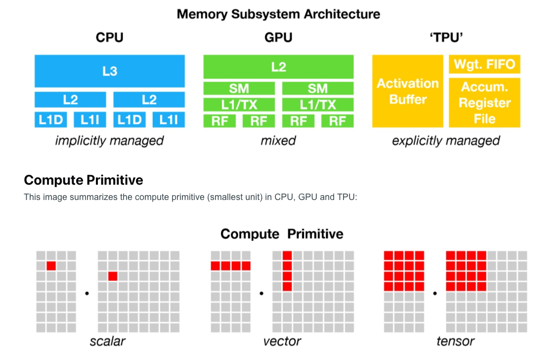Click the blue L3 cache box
[x=109, y=71]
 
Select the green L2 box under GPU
[x=278, y=67]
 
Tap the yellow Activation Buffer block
[x=407, y=91]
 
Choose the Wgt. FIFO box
[x=484, y=64]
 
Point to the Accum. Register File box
[x=484, y=103]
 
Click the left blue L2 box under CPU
[x=70, y=100]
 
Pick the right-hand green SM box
[x=317, y=88]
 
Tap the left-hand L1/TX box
[x=239, y=105]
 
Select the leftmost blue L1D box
[x=50, y=120]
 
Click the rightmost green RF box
[x=337, y=121]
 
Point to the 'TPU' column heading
[x=446, y=38]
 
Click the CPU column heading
[x=109, y=38]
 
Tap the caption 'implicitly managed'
[x=109, y=141]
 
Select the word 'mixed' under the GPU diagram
[x=278, y=141]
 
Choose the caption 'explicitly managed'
[x=446, y=141]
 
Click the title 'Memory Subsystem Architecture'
[x=278, y=14]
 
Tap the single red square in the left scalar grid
[x=51, y=266]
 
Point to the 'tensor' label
[x=455, y=341]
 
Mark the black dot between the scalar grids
[x=87, y=293]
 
